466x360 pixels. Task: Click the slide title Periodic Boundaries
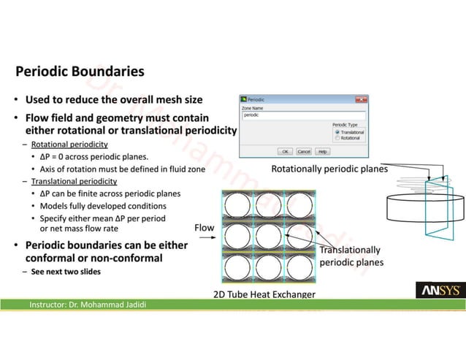[80, 72]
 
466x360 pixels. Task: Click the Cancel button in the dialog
[304, 151]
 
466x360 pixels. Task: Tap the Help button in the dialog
[322, 151]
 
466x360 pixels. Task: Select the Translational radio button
[337, 132]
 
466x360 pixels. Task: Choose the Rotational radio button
[337, 138]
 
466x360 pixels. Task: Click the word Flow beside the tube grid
[204, 228]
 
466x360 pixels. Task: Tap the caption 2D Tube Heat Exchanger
[264, 294]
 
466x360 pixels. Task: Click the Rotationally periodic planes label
[329, 169]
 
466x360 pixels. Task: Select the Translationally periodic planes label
[350, 256]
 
